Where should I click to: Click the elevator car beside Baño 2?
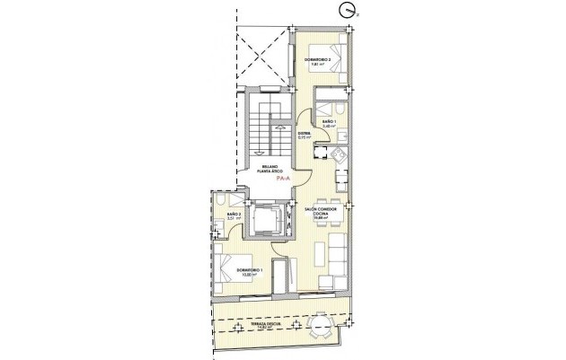(265, 220)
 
